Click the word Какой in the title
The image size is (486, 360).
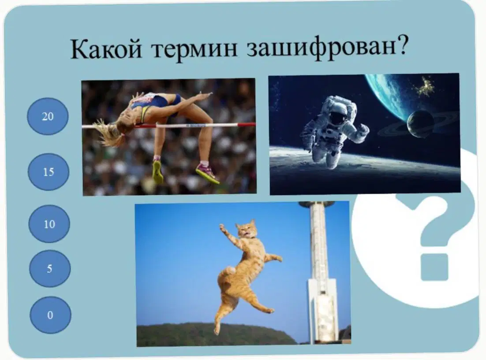click(x=106, y=49)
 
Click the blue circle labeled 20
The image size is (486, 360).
click(x=48, y=116)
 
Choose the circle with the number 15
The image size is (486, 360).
click(x=49, y=172)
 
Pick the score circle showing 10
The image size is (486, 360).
click(x=49, y=224)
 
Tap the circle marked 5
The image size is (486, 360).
click(x=50, y=268)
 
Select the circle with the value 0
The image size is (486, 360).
click(x=50, y=315)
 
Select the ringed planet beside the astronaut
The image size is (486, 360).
click(x=420, y=124)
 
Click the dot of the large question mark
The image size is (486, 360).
click(x=434, y=267)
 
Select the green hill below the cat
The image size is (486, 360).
click(x=214, y=334)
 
